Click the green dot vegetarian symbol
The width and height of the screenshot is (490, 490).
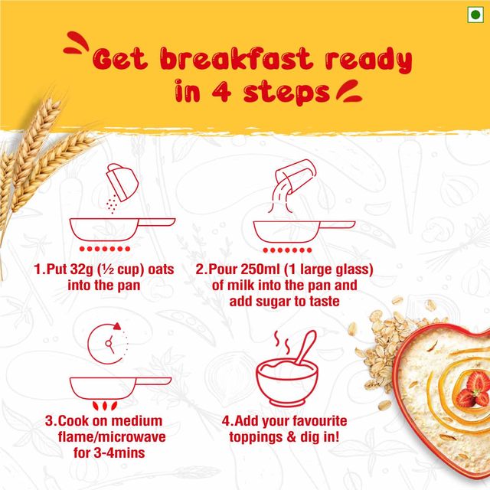[x=475, y=15]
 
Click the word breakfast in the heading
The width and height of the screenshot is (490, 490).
[x=236, y=59]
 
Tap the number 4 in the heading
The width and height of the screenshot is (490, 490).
[x=221, y=91]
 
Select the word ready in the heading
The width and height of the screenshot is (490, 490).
[x=368, y=60]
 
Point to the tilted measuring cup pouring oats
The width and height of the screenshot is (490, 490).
[x=122, y=182]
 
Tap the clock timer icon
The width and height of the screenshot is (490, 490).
[x=108, y=344]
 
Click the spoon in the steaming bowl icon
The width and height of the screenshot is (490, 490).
[x=306, y=348]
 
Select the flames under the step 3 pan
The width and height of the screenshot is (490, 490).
[x=105, y=406]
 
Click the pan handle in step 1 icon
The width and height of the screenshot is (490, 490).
[x=156, y=222]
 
